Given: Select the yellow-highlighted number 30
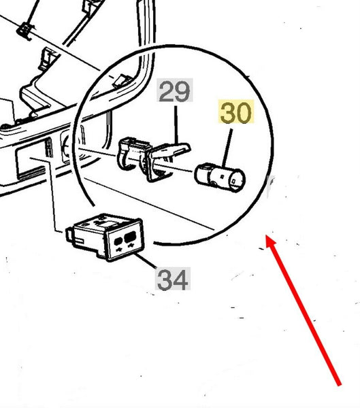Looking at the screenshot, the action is pyautogui.click(x=235, y=112).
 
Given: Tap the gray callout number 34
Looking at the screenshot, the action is pyautogui.click(x=173, y=279).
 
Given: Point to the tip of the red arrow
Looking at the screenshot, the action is pyautogui.click(x=266, y=235).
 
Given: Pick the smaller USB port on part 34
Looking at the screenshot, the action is pyautogui.click(x=118, y=241).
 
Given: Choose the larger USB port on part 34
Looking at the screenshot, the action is pyautogui.click(x=130, y=237).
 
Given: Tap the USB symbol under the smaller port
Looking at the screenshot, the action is pyautogui.click(x=120, y=250).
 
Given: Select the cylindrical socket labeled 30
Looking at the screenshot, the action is pyautogui.click(x=220, y=177).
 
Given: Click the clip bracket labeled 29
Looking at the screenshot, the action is pyautogui.click(x=151, y=158).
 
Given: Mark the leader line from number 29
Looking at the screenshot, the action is pyautogui.click(x=176, y=125).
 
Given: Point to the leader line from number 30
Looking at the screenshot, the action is pyautogui.click(x=227, y=148).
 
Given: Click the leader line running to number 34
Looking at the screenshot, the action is pyautogui.click(x=146, y=261).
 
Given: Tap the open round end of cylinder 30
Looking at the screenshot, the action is pyautogui.click(x=236, y=181).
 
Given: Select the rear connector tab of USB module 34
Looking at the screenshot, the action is pyautogui.click(x=69, y=234).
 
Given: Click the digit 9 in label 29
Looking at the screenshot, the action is pyautogui.click(x=183, y=90).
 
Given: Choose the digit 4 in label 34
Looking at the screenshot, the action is pyautogui.click(x=181, y=279).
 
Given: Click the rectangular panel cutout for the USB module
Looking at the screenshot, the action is pyautogui.click(x=31, y=163).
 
